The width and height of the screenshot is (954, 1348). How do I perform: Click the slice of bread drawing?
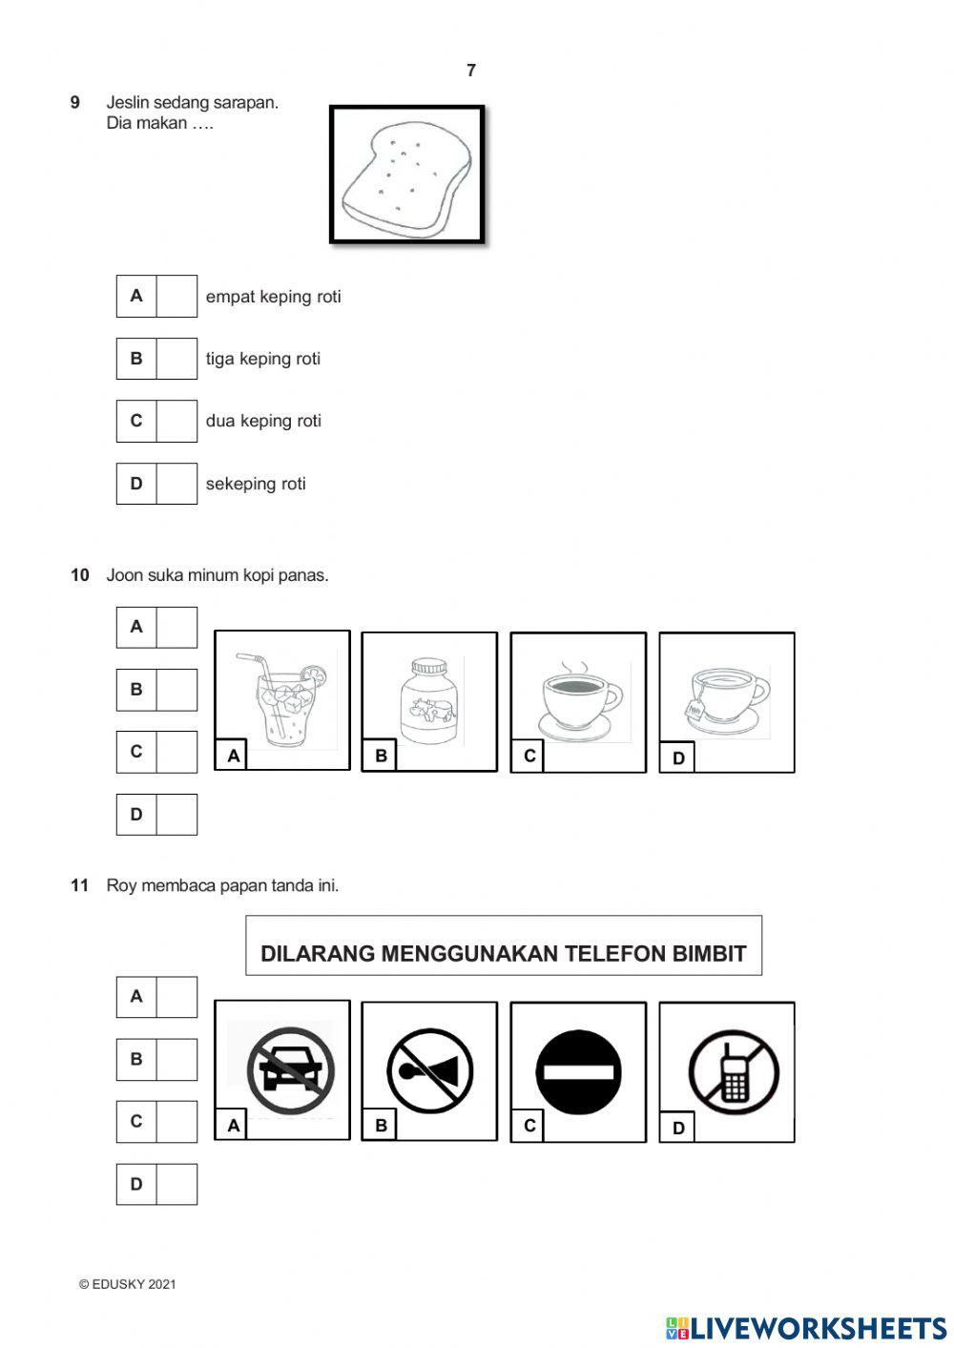coord(406,176)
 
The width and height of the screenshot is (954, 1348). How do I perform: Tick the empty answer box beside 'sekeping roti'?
coord(176,484)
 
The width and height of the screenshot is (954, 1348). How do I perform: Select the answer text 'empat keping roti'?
coord(273,297)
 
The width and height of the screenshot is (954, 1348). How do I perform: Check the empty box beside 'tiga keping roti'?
coord(176,359)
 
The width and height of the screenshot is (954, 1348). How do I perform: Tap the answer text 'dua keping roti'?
coord(263,421)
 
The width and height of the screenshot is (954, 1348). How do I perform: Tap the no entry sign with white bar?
coord(578,1071)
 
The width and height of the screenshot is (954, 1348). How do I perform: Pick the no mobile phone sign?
coord(733,1071)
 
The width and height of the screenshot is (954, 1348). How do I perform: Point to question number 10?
coord(79,575)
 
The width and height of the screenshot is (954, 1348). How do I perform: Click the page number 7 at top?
coord(470,71)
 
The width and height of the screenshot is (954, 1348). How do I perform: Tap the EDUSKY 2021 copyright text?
coord(128,1284)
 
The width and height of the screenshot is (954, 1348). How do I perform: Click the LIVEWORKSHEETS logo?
coord(806,1328)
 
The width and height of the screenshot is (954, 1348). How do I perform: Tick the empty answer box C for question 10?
coord(176,752)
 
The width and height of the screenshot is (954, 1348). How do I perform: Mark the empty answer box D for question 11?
coord(176,1184)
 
